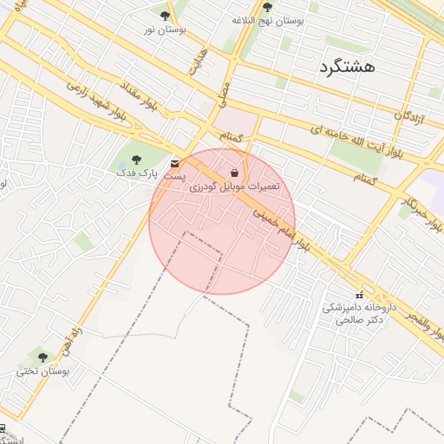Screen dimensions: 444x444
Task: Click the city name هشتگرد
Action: tap(346, 67)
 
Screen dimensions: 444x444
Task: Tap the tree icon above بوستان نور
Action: tap(166, 16)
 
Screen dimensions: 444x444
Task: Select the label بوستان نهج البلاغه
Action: tap(267, 19)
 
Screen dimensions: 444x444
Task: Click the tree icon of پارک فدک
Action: tap(135, 160)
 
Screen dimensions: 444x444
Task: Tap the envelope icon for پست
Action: tap(176, 163)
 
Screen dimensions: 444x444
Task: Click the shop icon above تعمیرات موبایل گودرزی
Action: tap(235, 173)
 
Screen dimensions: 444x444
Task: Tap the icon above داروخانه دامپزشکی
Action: tap(359, 296)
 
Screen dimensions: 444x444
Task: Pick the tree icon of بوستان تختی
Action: tap(42, 357)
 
